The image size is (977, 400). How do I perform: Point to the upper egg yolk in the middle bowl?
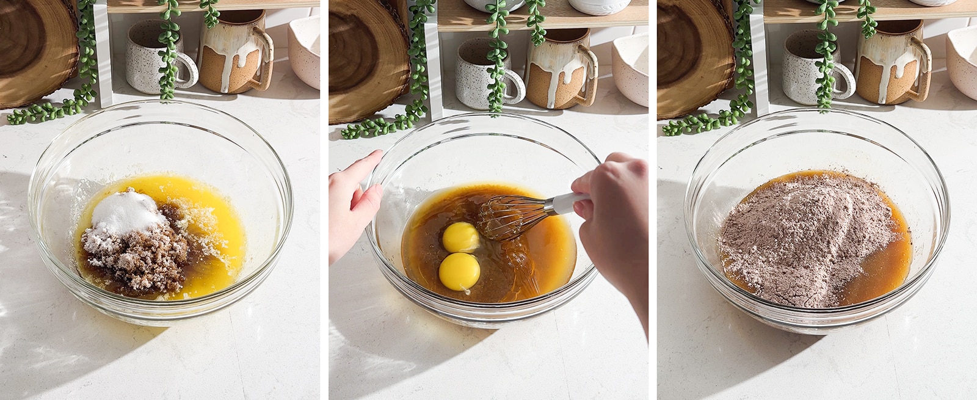tap(461, 237)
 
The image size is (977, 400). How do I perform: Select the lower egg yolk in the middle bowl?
tap(459, 271)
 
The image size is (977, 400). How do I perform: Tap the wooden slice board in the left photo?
tap(34, 49)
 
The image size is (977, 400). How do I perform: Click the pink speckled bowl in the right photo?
tap(963, 61)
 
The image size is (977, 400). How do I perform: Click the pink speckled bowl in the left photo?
tap(305, 52)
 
